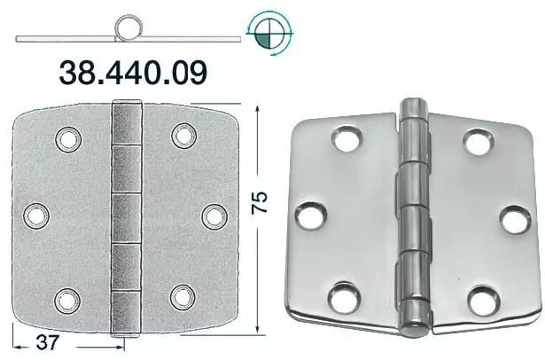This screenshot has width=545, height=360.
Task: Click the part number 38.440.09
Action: [133, 72]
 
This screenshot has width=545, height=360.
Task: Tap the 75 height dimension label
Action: [260, 202]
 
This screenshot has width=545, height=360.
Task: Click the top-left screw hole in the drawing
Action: [68, 139]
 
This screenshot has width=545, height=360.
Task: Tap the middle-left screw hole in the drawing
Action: [36, 216]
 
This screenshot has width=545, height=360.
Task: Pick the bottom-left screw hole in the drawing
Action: [67, 301]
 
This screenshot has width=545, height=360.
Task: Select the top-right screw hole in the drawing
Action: [184, 136]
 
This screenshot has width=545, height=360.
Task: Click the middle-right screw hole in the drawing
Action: [214, 217]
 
